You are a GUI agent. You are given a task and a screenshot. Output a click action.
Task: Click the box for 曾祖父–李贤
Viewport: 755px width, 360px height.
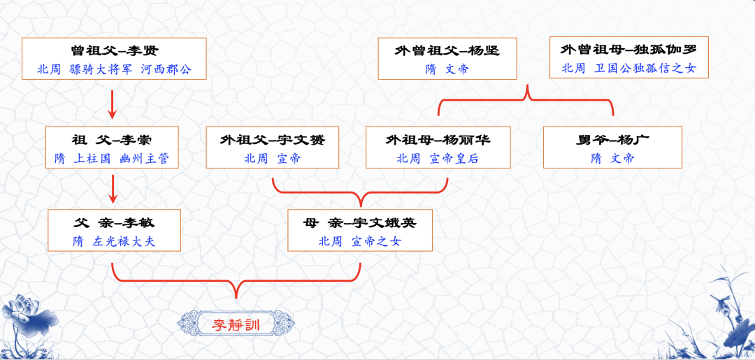114,59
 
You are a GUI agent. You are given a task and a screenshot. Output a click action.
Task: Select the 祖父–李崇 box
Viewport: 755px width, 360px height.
112,147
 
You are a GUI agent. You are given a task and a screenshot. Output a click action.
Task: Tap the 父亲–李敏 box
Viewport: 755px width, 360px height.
114,230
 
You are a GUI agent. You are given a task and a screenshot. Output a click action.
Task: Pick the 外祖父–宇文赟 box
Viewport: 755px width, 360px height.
272,147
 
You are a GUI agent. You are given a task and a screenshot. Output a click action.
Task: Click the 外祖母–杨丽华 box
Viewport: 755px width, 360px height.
438,147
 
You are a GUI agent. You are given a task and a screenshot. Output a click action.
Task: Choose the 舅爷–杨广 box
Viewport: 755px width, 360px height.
612,147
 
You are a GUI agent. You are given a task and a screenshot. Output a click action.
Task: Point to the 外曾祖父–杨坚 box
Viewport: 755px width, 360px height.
447,59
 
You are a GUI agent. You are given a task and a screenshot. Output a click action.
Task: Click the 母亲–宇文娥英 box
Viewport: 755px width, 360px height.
360,230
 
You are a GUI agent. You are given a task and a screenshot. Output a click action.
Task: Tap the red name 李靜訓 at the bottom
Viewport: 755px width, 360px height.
236,324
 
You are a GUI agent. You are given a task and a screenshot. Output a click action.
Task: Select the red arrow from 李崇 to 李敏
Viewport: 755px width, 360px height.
112,189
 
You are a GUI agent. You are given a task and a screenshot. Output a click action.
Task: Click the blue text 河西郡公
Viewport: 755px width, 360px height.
166,69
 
